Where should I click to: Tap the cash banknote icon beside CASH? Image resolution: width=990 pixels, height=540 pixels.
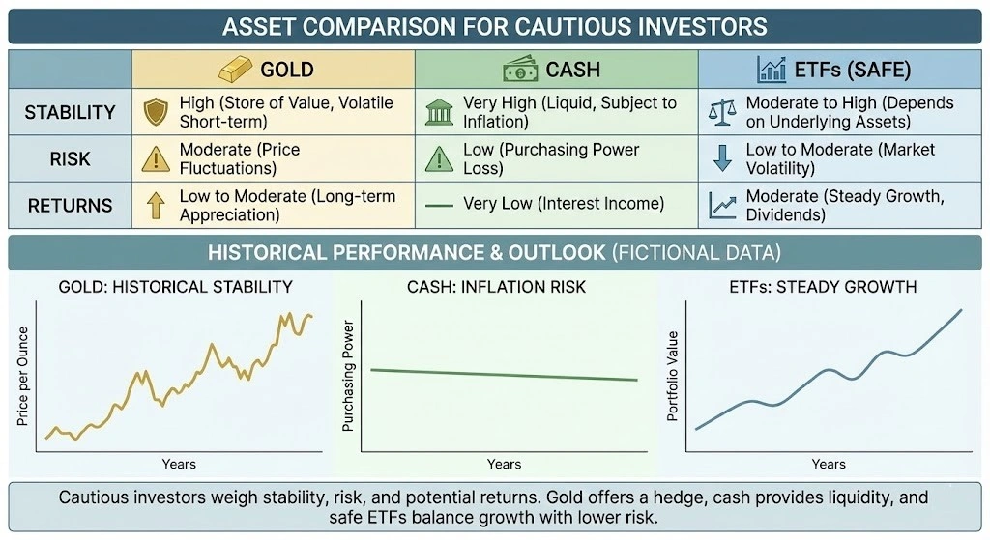(x=519, y=69)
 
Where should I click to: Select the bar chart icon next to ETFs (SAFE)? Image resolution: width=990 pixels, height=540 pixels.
(x=772, y=69)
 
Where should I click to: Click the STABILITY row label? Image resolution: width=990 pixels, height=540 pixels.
(x=69, y=112)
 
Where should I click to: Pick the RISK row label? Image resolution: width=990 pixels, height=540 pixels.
(x=69, y=158)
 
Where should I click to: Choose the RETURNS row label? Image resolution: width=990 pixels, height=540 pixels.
(x=69, y=205)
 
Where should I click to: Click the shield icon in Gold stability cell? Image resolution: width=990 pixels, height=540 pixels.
(x=157, y=112)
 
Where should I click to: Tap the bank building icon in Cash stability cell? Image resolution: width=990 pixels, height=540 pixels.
(x=439, y=112)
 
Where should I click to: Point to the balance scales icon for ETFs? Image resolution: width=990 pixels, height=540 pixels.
(x=721, y=112)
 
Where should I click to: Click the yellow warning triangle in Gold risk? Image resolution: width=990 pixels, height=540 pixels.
(x=157, y=158)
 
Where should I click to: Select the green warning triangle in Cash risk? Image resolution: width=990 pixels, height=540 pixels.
(x=439, y=158)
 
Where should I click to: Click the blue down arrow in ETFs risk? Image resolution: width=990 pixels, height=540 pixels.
(x=722, y=158)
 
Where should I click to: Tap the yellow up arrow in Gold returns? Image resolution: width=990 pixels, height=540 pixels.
(x=157, y=205)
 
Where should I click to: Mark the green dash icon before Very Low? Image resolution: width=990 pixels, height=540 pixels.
(x=439, y=205)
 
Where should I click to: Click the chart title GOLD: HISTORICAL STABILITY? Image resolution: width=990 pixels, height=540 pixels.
(x=176, y=287)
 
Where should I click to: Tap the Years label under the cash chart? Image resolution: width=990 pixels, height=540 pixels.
(x=504, y=464)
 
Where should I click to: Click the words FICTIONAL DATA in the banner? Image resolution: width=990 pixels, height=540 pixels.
(x=696, y=253)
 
